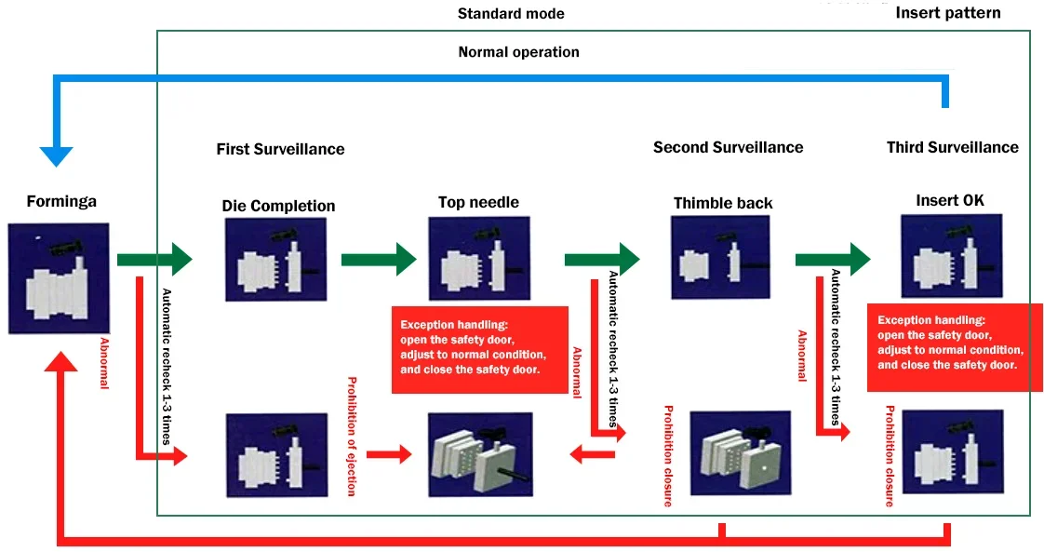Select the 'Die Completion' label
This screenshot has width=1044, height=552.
pyautogui.click(x=278, y=206)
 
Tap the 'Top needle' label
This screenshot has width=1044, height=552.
pyautogui.click(x=478, y=202)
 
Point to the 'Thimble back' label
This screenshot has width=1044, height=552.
pyautogui.click(x=722, y=203)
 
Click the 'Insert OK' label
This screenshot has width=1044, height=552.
pyautogui.click(x=949, y=200)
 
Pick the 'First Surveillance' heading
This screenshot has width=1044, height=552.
pyautogui.click(x=280, y=149)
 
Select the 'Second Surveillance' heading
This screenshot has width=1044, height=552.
pyautogui.click(x=728, y=147)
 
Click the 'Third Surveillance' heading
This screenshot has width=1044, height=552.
pyautogui.click(x=952, y=147)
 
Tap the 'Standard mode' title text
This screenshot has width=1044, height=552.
pyautogui.click(x=511, y=14)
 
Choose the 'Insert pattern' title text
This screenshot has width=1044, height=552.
pyautogui.click(x=947, y=13)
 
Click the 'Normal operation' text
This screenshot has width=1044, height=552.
pyautogui.click(x=518, y=52)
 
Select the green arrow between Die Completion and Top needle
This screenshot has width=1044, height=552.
pyautogui.click(x=378, y=259)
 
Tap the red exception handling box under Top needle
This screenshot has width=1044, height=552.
pyautogui.click(x=479, y=348)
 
